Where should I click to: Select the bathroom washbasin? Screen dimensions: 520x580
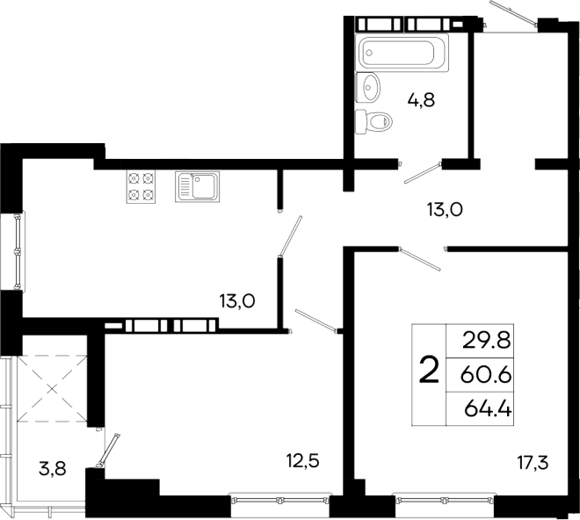coord(370,86)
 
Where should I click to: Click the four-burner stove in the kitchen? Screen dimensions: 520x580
coord(142,186)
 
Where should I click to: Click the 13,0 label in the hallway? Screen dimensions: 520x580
coord(444,209)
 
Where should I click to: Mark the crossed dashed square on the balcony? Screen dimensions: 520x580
coord(52,386)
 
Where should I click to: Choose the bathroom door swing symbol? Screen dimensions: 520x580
coord(421,173)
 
